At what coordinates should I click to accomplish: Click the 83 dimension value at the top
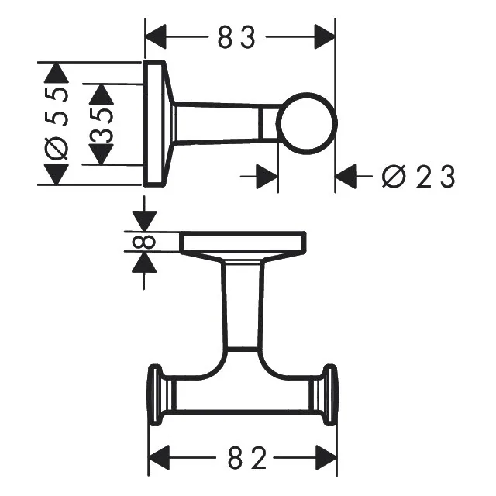pyautogui.click(x=237, y=37)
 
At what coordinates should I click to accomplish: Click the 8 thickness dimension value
pyautogui.click(x=144, y=242)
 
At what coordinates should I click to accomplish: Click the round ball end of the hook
pyautogui.click(x=308, y=124)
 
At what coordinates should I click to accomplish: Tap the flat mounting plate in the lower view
pyautogui.click(x=243, y=243)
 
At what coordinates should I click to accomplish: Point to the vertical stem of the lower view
pyautogui.click(x=243, y=306)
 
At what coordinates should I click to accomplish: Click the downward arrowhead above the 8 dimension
pyautogui.click(x=144, y=219)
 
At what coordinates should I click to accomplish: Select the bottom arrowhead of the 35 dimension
pyautogui.click(x=102, y=154)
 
